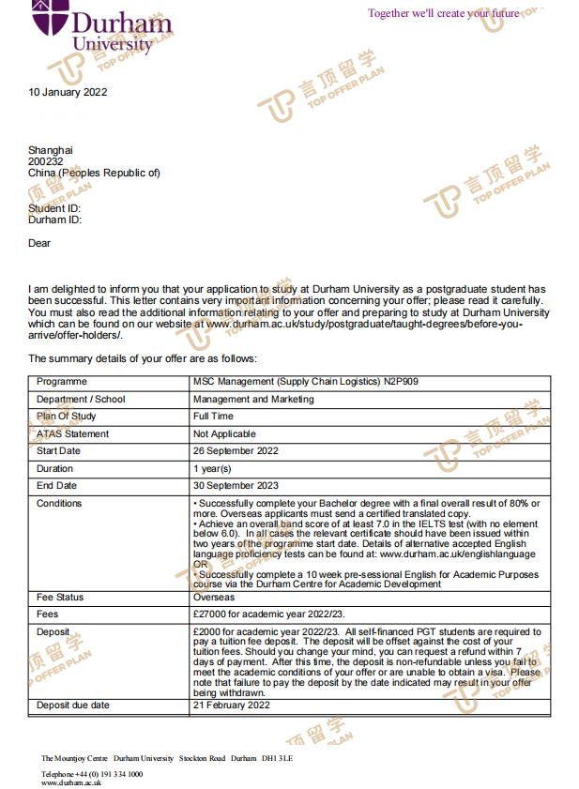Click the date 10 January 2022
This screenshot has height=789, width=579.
click(68, 92)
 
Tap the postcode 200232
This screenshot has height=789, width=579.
click(46, 161)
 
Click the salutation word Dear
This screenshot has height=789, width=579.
click(39, 243)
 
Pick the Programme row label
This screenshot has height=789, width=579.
click(62, 382)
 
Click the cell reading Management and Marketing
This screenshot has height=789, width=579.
click(253, 399)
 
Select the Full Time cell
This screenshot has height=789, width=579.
click(214, 417)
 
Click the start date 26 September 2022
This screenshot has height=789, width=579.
click(236, 451)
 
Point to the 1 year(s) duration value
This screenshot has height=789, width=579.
click(212, 468)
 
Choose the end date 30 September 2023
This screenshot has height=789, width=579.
click(236, 486)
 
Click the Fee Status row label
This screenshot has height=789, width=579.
click(60, 597)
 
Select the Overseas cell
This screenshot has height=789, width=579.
click(214, 597)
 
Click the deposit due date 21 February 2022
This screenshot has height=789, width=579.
click(231, 706)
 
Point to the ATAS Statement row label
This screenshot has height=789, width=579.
click(72, 434)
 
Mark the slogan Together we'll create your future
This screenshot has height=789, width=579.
click(443, 13)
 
